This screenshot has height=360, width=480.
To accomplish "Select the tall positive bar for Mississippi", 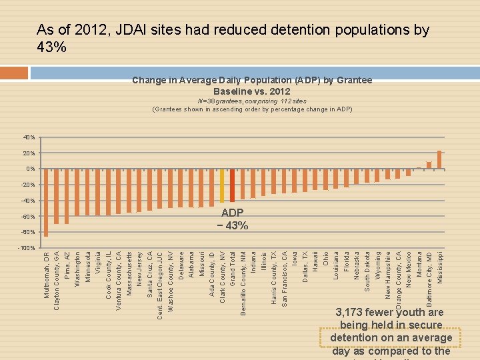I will coord(439,160).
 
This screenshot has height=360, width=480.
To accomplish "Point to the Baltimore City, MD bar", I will coord(429,165).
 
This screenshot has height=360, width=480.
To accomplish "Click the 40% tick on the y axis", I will coord(29,137).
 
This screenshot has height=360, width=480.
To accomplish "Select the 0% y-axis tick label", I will coord(31,169).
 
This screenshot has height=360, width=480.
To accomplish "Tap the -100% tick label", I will coord(27,248).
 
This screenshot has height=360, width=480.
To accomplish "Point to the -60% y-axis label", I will coord(28,217).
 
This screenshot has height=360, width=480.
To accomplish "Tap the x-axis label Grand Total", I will coord(233,270).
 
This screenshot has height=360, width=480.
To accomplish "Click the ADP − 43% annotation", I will coord(233,219).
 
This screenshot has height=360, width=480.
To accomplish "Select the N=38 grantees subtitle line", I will coord(252,101).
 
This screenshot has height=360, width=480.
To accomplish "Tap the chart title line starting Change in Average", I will coord(252,80).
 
